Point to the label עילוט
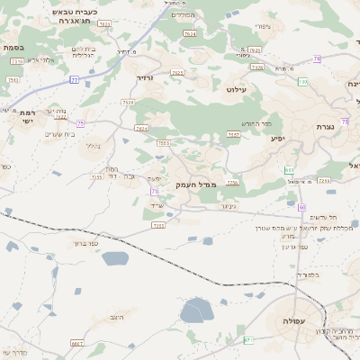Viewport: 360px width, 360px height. point(236,90)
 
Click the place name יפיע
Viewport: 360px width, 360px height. point(277,139)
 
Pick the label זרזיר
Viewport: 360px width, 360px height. point(146,79)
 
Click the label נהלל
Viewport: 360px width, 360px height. point(93,145)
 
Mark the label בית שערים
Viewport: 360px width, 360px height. point(57,134)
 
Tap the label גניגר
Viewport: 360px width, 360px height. point(229,206)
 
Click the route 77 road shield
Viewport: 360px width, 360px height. point(74,80)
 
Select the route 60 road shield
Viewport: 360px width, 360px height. point(302,207)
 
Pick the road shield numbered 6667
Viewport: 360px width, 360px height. point(77,343)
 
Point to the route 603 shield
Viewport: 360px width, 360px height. point(289,169)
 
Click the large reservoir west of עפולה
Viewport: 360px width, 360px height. point(194,311)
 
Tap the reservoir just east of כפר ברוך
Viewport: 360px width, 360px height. point(115,259)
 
